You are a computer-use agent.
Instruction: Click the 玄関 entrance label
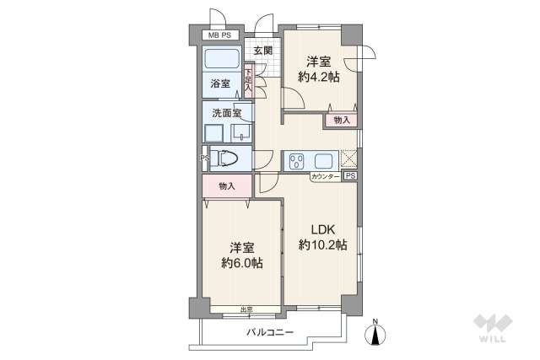pyautogui.click(x=262, y=51)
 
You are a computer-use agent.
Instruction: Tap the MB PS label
pyautogui.click(x=221, y=35)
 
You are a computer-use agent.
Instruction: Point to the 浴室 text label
pyautogui.click(x=221, y=83)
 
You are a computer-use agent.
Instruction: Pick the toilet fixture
pyautogui.click(x=227, y=158)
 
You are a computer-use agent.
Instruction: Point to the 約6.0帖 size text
pyautogui.click(x=241, y=263)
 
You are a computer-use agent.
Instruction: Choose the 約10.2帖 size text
pyautogui.click(x=323, y=245)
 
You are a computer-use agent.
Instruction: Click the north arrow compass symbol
pyautogui.click(x=374, y=333)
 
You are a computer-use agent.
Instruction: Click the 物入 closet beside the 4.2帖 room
pyautogui.click(x=341, y=121)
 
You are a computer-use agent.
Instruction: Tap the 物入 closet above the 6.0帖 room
pyautogui.click(x=226, y=185)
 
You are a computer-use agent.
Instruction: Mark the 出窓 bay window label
pyautogui.click(x=246, y=310)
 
